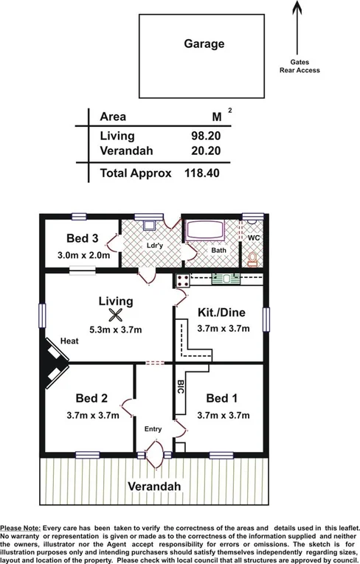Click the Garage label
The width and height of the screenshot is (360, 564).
pos(204,44)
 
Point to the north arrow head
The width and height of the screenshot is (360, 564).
pos(297,7)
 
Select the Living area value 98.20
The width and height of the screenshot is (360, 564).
pos(206,136)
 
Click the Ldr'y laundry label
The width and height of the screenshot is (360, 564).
pos(153,246)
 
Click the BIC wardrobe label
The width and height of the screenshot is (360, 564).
pos(180,388)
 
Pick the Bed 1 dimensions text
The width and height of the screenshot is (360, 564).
pos(223,415)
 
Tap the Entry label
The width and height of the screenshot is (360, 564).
pos(153,428)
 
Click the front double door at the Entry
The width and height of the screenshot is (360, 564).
pos(155,450)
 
